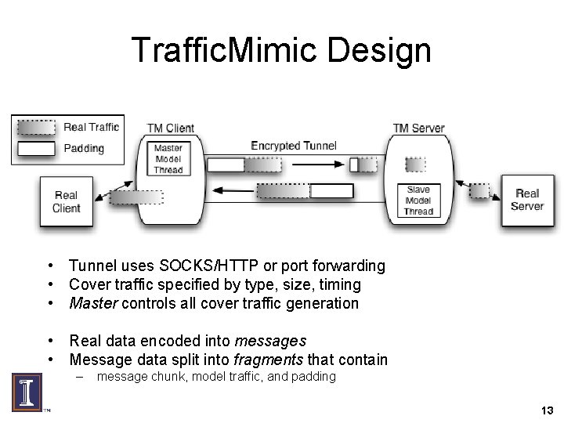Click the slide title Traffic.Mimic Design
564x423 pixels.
281,50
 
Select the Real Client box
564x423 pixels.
67,201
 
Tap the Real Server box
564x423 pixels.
526,200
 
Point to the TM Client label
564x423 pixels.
170,128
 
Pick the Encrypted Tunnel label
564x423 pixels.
294,145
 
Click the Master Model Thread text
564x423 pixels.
168,159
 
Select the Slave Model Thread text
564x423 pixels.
418,201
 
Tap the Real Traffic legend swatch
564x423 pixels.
36,127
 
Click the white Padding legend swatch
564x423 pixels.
36,148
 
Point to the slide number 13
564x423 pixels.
547,410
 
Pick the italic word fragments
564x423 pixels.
279,360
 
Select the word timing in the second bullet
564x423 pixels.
338,284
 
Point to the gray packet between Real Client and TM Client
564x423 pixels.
125,197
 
